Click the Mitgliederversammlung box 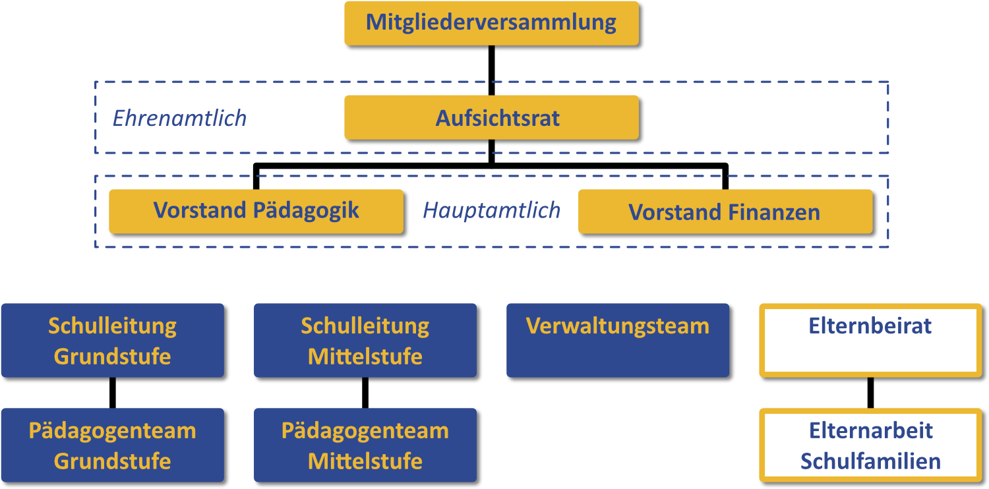click(491, 23)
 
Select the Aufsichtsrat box click(491, 118)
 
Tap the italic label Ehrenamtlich click(179, 119)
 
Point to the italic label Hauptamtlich click(491, 211)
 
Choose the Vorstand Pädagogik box click(256, 212)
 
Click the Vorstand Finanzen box click(725, 212)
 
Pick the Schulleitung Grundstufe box click(112, 340)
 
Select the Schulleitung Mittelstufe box click(365, 340)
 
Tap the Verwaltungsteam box click(618, 340)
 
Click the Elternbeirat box click(870, 340)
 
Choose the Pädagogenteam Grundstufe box click(112, 445)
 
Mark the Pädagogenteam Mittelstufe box click(365, 445)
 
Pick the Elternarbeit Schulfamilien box click(870, 445)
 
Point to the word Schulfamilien click(870, 461)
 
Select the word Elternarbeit click(870, 430)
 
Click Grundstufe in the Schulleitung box click(112, 356)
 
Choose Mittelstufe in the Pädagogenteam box click(365, 461)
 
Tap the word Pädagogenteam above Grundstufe click(112, 431)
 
